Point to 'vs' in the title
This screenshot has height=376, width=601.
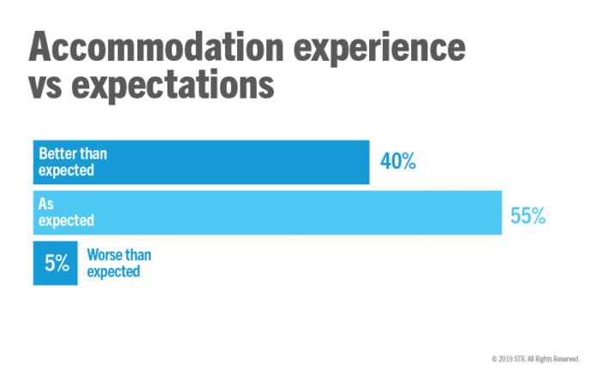pos(51,88)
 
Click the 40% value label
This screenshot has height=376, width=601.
pos(398,161)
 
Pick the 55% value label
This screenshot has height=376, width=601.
pos(528,215)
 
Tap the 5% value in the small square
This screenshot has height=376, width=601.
pos(57,264)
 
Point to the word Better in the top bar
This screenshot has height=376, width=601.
pos(58,155)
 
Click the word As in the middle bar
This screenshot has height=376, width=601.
pos(46,204)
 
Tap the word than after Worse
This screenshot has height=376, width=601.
pos(139,255)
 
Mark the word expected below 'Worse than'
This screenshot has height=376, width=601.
pos(113,271)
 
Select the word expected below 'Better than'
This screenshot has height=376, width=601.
pos(66,171)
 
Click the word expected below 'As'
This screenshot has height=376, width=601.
pos(66,221)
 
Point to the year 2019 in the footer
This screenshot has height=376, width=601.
pos(507,357)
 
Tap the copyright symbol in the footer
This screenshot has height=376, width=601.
pos(494,357)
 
